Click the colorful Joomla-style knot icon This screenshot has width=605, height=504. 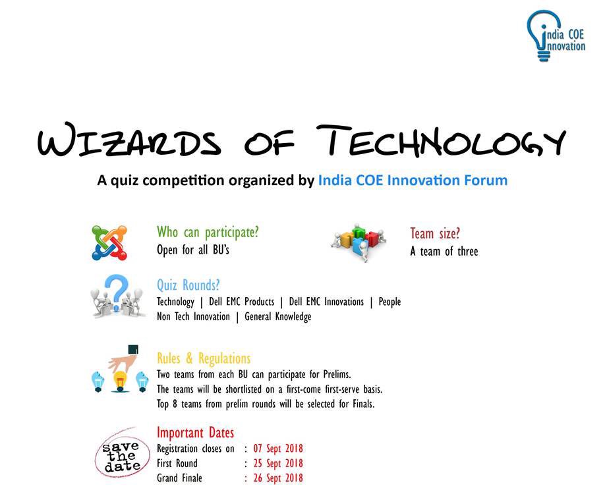point(109,242)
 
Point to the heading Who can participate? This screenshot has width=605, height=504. point(208,233)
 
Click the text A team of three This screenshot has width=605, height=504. point(444,251)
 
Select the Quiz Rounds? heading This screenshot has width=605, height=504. point(188,285)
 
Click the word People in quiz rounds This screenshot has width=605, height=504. point(389,302)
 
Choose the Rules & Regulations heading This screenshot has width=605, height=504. point(204,359)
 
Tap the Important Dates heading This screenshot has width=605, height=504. point(195,433)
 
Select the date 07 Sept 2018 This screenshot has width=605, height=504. point(278,449)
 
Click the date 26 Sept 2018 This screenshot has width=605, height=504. point(278,478)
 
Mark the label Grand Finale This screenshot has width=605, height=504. point(179,478)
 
